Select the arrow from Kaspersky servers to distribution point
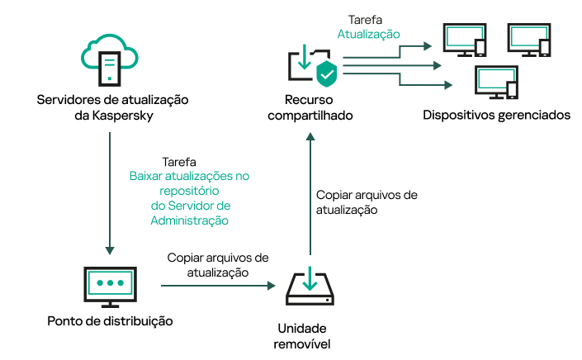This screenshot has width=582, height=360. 110,190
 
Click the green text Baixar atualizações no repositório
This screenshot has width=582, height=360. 189,183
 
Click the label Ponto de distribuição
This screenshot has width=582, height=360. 111,320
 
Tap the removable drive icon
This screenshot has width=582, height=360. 310,286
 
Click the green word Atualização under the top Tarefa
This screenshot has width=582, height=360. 368,35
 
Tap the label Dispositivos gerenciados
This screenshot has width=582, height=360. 496,115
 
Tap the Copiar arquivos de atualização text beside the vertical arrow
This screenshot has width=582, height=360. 367,202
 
